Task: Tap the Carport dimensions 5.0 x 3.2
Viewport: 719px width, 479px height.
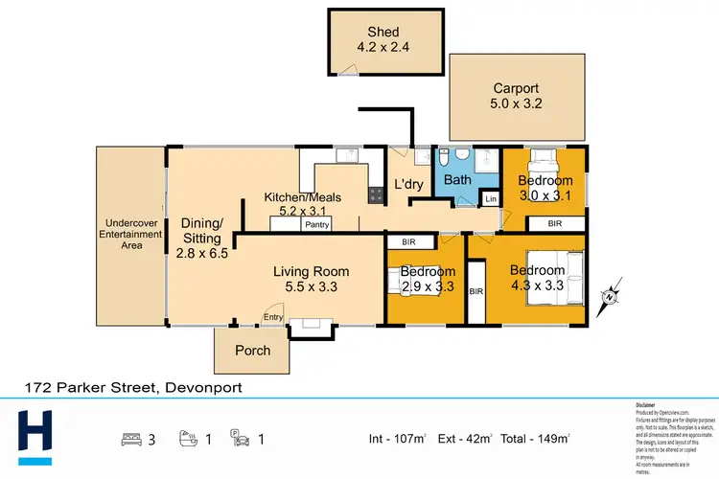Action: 518,104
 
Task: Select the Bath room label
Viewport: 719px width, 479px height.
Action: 456,179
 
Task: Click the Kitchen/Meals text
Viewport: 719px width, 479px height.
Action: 302,198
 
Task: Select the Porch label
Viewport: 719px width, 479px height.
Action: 253,351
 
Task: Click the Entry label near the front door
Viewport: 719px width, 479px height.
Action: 274,318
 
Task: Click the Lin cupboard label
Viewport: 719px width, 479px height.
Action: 491,199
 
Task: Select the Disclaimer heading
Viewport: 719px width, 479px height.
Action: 646,406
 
